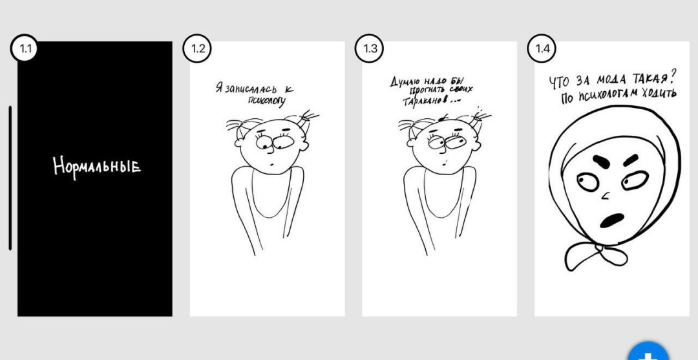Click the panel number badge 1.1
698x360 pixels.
click(x=23, y=48)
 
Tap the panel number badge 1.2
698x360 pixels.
click(x=196, y=48)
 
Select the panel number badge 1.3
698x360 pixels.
click(x=369, y=48)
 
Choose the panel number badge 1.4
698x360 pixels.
click(x=542, y=48)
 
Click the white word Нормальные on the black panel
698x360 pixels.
click(x=97, y=166)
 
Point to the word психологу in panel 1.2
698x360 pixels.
click(x=267, y=101)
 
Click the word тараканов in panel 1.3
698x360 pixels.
click(x=424, y=101)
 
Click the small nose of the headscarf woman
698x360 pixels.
click(x=606, y=195)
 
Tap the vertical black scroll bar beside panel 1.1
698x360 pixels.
click(x=10, y=178)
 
